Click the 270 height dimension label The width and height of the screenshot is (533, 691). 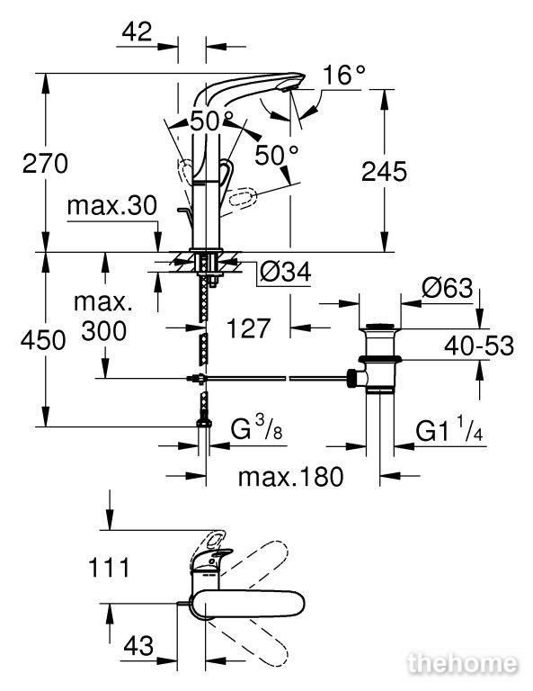tap(45, 164)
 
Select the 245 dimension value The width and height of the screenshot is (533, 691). tap(384, 171)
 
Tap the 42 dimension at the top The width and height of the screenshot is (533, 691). tap(137, 31)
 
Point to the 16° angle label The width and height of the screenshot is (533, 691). tap(344, 75)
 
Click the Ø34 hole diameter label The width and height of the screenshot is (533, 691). tap(285, 272)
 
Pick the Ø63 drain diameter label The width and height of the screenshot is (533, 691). tap(448, 289)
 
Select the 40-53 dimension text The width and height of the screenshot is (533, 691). tap(479, 345)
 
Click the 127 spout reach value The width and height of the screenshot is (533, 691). tap(248, 328)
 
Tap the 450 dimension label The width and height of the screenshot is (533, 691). tap(43, 340)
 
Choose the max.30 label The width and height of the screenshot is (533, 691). tap(112, 206)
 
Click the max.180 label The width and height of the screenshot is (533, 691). tap(290, 476)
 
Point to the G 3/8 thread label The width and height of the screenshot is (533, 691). tap(256, 428)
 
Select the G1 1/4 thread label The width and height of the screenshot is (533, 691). tap(449, 430)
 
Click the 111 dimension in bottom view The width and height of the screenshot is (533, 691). tap(109, 567)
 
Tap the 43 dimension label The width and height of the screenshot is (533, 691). tap(138, 646)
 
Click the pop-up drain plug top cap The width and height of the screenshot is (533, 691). tap(380, 327)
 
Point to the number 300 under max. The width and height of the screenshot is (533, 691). tap(104, 330)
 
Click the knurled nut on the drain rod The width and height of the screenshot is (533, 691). tap(351, 378)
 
